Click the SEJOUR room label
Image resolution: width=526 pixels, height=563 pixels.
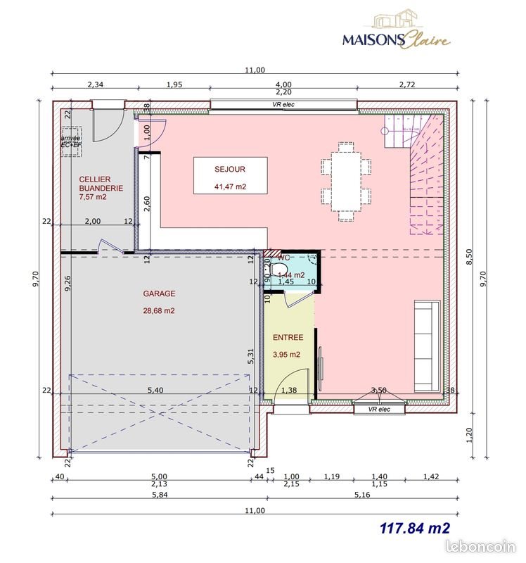pos(230,170)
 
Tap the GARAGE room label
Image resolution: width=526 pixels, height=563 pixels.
pos(159,293)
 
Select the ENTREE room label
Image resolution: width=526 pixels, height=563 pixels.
pos(288,338)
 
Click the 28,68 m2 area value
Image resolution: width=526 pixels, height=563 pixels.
pos(159,310)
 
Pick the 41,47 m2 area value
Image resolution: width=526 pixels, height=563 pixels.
pos(230,186)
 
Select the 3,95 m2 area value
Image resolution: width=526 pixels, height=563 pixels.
pos(287,355)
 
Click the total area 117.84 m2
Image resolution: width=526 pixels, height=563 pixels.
pos(414,527)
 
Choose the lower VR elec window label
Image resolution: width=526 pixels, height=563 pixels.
pos(378,408)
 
